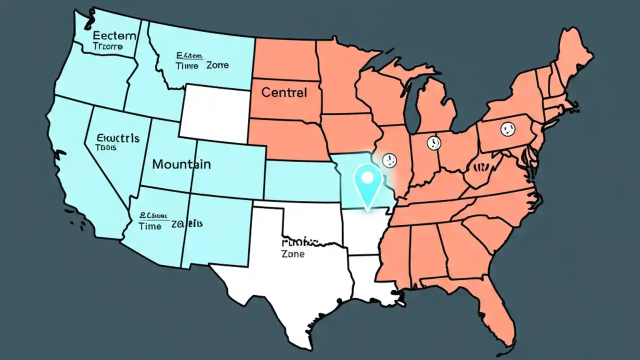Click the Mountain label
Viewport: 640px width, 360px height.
tap(181, 164)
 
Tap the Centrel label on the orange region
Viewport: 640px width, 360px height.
tap(284, 92)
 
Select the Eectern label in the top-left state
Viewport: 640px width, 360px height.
tap(114, 35)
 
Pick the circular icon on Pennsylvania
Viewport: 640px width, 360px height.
tap(507, 129)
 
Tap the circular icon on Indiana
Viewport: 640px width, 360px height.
tap(433, 143)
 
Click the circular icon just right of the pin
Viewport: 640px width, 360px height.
tap(389, 160)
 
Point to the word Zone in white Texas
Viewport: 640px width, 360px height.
tap(293, 254)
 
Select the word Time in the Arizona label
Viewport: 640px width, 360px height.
tap(150, 226)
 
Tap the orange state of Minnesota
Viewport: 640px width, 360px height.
tap(340, 80)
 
